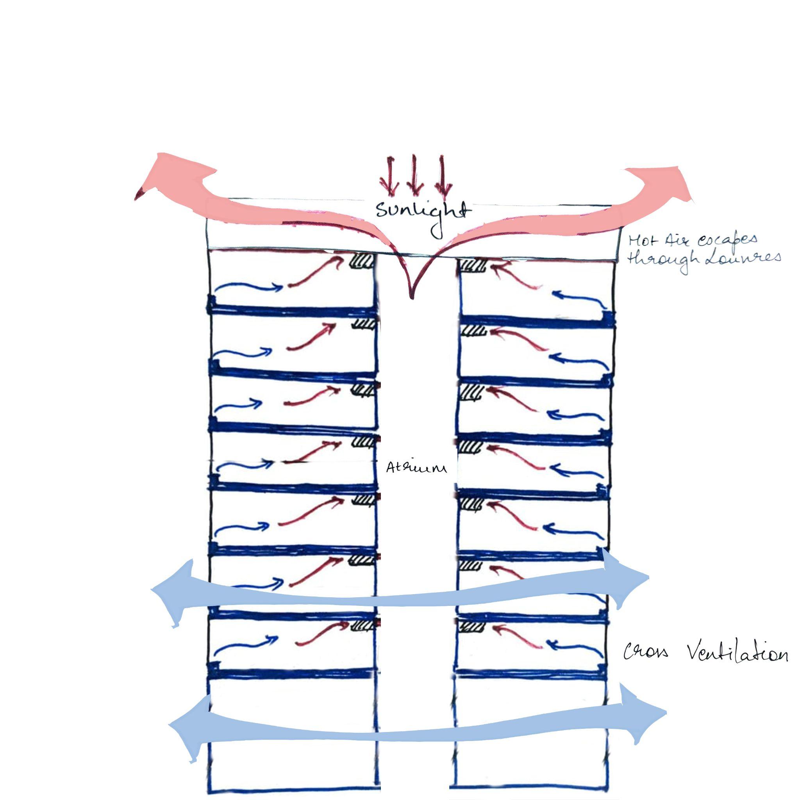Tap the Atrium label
416,468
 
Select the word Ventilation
737,654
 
